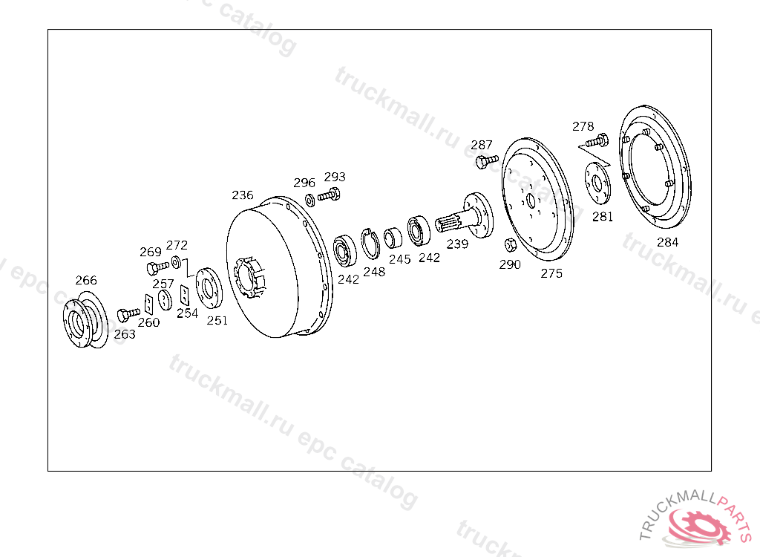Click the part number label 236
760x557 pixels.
click(243, 195)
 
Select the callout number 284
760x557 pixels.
click(667, 242)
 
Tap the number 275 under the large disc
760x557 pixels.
click(551, 273)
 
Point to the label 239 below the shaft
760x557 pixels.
click(457, 244)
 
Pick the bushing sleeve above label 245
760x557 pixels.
click(393, 238)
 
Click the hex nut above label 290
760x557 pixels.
click(511, 245)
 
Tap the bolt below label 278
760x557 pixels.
click(597, 140)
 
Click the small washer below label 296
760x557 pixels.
click(309, 200)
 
